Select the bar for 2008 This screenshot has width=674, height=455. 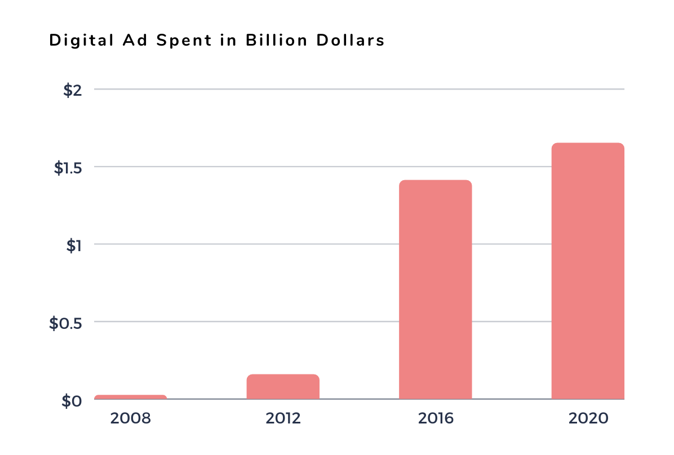point(130,397)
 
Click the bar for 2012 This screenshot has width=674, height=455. point(283,387)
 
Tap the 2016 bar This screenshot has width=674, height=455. point(435,289)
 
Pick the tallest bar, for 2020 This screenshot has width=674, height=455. point(587,271)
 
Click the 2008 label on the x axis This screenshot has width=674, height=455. point(131,418)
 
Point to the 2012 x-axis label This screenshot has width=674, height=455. point(283,418)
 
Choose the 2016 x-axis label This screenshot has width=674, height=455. point(436,418)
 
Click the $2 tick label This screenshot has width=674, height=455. point(72,90)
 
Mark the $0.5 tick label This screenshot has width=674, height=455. point(65,323)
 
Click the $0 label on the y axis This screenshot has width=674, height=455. point(72,401)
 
